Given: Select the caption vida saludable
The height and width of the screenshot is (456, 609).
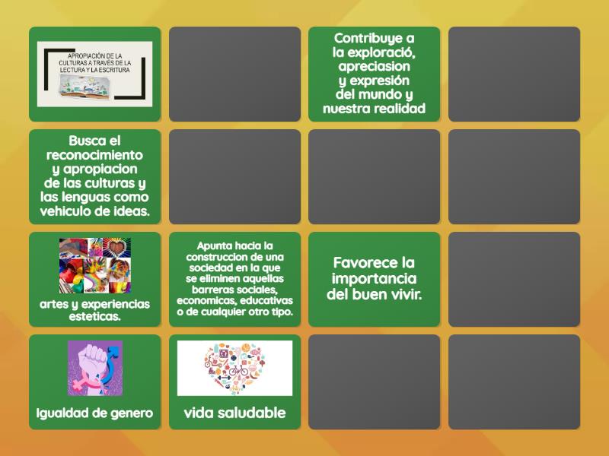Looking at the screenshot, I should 234,413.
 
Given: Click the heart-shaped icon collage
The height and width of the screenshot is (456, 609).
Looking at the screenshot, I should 234,368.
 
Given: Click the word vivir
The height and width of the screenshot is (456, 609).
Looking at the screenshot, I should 401,294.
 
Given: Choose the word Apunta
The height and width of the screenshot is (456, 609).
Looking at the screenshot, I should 216,245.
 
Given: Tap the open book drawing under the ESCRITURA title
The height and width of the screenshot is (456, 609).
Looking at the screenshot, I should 94,89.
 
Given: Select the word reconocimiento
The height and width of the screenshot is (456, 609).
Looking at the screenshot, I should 94,155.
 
